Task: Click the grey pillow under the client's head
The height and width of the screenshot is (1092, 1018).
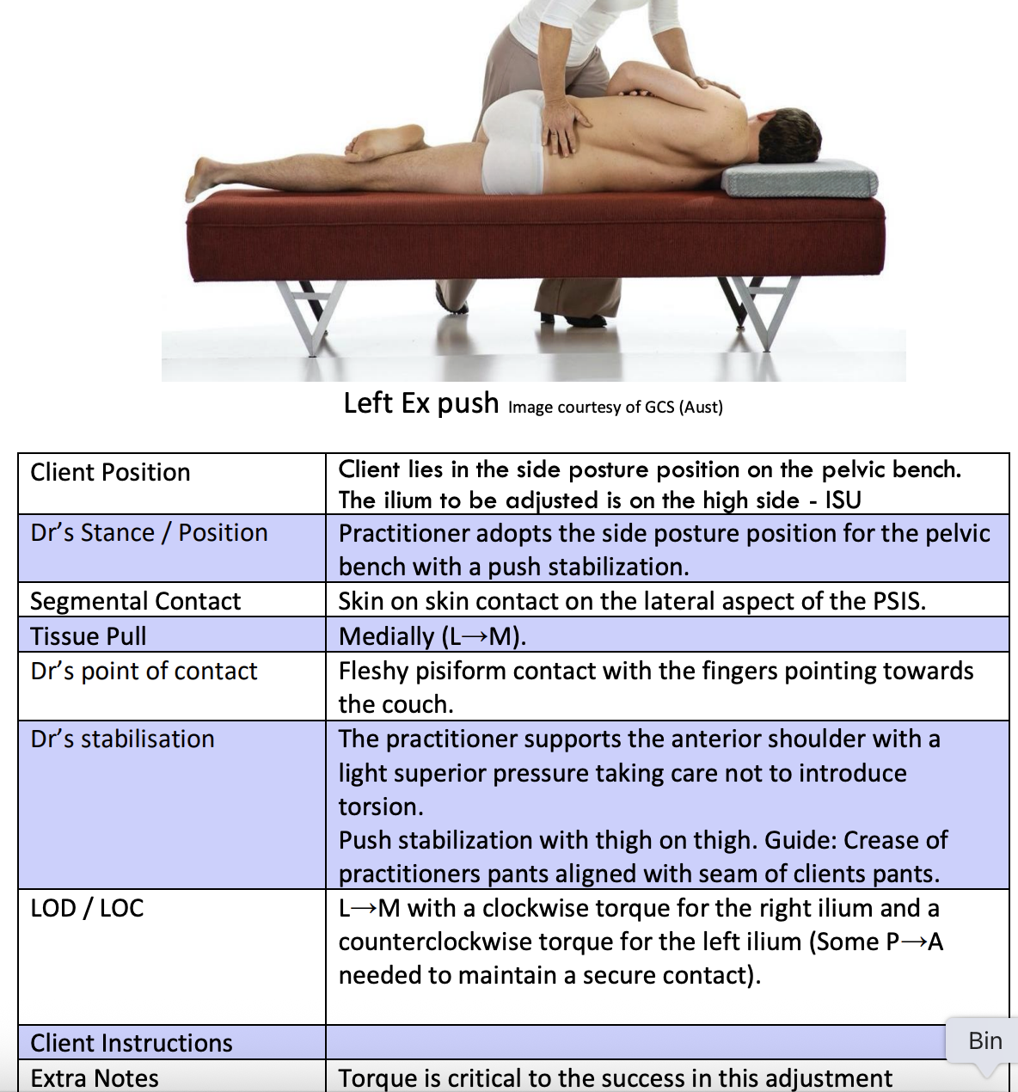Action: click(x=800, y=179)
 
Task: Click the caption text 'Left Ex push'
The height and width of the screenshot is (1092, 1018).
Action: click(x=420, y=402)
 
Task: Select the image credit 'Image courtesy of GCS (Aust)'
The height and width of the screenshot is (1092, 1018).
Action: click(x=615, y=407)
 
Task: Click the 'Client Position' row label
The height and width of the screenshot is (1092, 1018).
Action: click(x=110, y=472)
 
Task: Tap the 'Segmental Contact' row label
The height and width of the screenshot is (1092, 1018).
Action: click(x=135, y=601)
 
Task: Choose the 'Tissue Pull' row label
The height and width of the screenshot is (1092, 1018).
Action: click(x=88, y=636)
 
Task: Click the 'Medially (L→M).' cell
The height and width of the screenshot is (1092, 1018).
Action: click(x=432, y=636)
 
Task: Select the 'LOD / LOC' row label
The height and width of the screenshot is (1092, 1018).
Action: click(x=87, y=908)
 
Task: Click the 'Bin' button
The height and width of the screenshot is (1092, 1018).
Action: click(x=984, y=1040)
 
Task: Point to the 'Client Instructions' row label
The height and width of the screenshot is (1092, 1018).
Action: click(x=131, y=1043)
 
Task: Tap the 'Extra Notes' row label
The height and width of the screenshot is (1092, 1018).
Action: click(x=94, y=1078)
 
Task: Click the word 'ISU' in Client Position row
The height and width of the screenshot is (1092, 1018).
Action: click(x=843, y=500)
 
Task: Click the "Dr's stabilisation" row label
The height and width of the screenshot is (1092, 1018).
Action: click(x=122, y=739)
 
